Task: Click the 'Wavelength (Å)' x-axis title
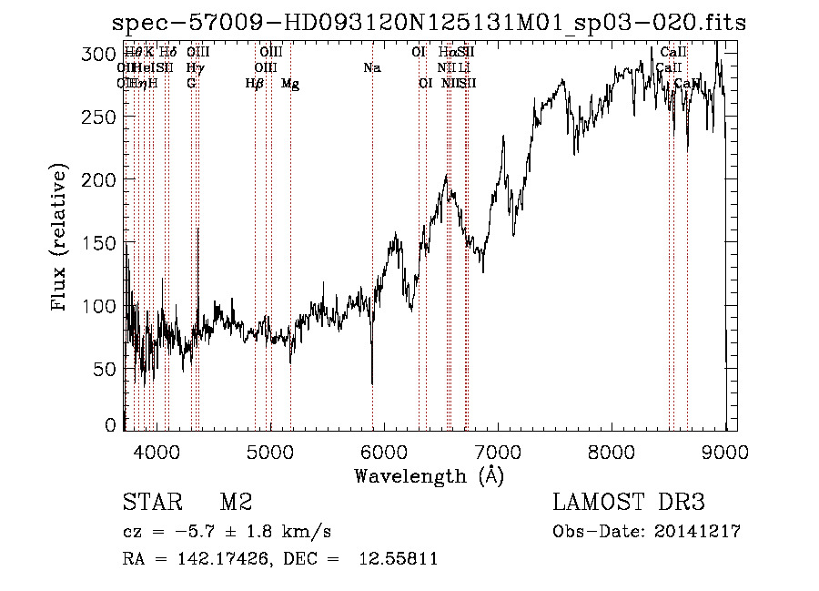pos(430,475)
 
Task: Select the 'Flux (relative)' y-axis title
pos(61,239)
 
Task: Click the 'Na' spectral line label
pos(371,68)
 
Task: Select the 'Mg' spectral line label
pos(290,84)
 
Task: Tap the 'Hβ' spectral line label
pos(255,84)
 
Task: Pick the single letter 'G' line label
pos(191,84)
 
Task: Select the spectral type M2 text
pos(235,503)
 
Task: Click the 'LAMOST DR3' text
pos(628,503)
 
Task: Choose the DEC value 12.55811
pos(402,559)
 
